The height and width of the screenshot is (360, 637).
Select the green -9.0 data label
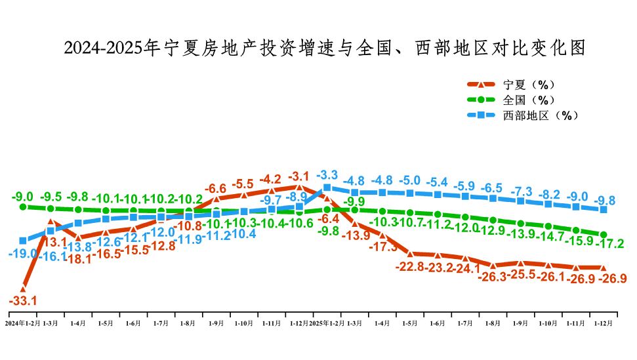(23, 196)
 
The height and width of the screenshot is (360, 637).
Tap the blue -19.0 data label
(23, 253)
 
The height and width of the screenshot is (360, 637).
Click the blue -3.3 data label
(327, 176)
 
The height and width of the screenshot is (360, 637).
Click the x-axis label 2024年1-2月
(23, 323)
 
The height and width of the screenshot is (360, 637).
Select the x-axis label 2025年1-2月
(326, 323)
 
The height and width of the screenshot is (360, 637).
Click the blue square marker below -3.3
(327, 188)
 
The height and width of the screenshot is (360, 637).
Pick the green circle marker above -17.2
(603, 234)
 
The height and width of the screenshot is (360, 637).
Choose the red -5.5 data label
(243, 184)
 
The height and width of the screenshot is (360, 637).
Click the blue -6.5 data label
(492, 188)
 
